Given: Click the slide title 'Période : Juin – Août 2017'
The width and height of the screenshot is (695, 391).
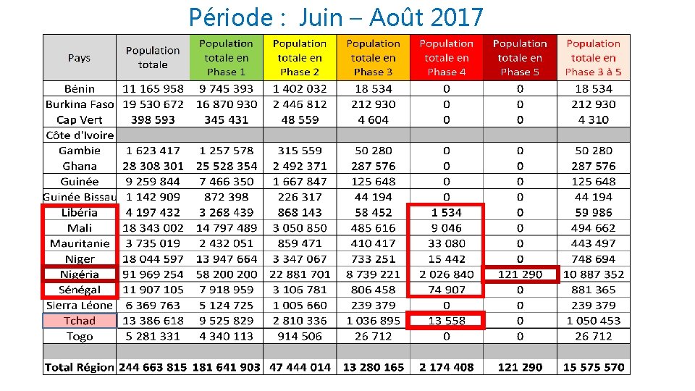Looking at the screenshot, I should (335, 16).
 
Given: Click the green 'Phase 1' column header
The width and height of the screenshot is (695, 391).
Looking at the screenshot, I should (227, 58).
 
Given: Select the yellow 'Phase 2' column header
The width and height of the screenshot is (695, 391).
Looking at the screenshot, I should (300, 58).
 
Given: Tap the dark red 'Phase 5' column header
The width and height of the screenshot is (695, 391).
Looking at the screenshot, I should (520, 58).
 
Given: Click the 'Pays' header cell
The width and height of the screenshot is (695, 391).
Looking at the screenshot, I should (79, 58).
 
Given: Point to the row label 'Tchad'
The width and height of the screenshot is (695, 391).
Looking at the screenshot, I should (79, 321).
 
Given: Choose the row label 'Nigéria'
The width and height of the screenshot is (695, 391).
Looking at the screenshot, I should (79, 274).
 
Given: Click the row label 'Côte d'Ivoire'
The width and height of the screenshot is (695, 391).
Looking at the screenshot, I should (79, 135).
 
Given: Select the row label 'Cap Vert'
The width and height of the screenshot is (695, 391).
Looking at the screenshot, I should (79, 120).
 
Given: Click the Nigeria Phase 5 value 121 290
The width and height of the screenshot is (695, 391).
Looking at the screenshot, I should (520, 274).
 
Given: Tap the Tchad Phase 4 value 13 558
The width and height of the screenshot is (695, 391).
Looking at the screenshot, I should (446, 321).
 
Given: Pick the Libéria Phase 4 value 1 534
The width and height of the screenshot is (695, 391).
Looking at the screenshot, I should (446, 213).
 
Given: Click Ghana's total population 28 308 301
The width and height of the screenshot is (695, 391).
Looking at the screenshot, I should (153, 167).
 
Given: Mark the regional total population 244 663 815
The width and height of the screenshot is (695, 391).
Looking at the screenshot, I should (153, 367).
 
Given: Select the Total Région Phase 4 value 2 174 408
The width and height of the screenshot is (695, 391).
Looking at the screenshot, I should (446, 367).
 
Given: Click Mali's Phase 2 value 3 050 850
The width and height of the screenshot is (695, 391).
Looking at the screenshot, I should (300, 228).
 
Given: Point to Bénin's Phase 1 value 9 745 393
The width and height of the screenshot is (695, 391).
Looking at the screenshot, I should (227, 89).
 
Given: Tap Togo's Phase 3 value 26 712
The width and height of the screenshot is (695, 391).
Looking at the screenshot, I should (373, 336).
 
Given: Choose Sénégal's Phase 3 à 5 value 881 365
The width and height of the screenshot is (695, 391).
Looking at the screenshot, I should (594, 290).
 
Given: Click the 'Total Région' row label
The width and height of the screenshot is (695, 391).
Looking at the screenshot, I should (79, 367).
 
